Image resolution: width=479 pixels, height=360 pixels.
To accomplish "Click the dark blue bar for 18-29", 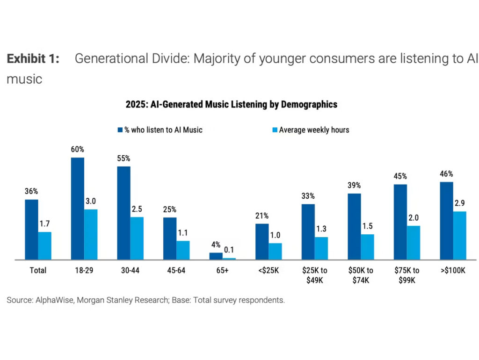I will (78, 209).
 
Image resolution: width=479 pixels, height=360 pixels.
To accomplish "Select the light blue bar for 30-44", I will (137, 238).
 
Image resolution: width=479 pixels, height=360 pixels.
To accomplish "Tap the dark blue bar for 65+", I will (216, 256).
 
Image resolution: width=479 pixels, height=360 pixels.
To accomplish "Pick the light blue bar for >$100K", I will (460, 235).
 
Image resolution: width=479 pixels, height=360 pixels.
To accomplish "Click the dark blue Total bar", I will (32, 229).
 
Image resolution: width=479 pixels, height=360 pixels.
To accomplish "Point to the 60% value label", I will (78, 150).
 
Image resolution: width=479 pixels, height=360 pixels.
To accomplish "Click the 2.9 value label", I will (460, 203).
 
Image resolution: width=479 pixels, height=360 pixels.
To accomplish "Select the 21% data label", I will (262, 216).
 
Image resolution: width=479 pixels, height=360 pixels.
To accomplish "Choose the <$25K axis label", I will (268, 271).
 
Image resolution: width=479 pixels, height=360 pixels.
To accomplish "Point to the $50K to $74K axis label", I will (361, 275).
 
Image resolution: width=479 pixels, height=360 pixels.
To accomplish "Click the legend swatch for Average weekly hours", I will (274, 130).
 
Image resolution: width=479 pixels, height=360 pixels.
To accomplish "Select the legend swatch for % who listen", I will (120, 130).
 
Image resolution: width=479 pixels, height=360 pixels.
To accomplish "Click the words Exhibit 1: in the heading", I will (33, 59).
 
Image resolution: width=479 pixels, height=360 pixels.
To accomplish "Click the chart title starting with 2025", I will (231, 104).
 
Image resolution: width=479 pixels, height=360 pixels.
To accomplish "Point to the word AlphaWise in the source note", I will (54, 300).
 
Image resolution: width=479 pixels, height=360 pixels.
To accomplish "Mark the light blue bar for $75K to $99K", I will (414, 243).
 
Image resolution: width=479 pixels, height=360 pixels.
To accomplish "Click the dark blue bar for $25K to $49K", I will (308, 231).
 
